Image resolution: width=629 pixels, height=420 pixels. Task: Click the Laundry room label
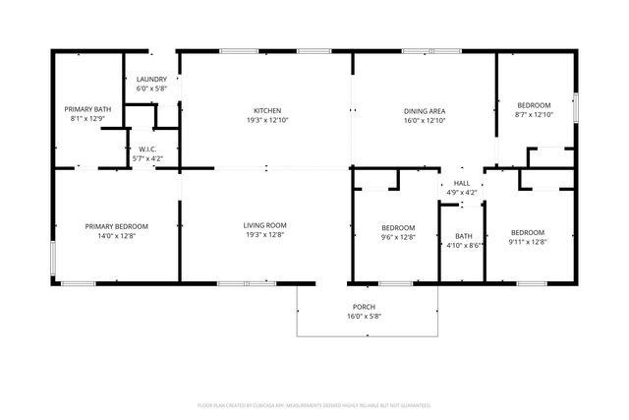[151, 79]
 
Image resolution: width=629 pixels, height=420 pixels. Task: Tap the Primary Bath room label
[86, 109]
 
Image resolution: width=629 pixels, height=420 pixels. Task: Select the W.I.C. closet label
[147, 149]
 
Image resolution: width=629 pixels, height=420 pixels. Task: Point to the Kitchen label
[267, 110]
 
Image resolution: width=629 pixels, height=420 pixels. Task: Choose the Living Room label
[265, 226]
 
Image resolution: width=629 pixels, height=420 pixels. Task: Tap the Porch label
[366, 306]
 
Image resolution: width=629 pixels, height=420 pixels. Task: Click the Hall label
[462, 183]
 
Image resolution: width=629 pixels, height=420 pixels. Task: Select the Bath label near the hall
[463, 235]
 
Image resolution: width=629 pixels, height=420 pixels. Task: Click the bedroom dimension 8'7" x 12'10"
[535, 115]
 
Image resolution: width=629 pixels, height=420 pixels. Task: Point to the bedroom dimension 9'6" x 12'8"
[398, 237]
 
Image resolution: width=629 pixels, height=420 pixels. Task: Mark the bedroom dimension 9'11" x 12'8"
[527, 242]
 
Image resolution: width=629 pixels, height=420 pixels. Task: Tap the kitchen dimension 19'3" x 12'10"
[267, 120]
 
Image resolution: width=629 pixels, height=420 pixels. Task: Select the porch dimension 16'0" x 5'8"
[366, 316]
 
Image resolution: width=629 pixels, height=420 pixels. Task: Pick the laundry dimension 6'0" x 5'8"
[151, 89]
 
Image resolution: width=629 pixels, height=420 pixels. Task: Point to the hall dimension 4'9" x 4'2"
[462, 193]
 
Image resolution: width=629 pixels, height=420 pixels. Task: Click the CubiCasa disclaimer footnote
[314, 404]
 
